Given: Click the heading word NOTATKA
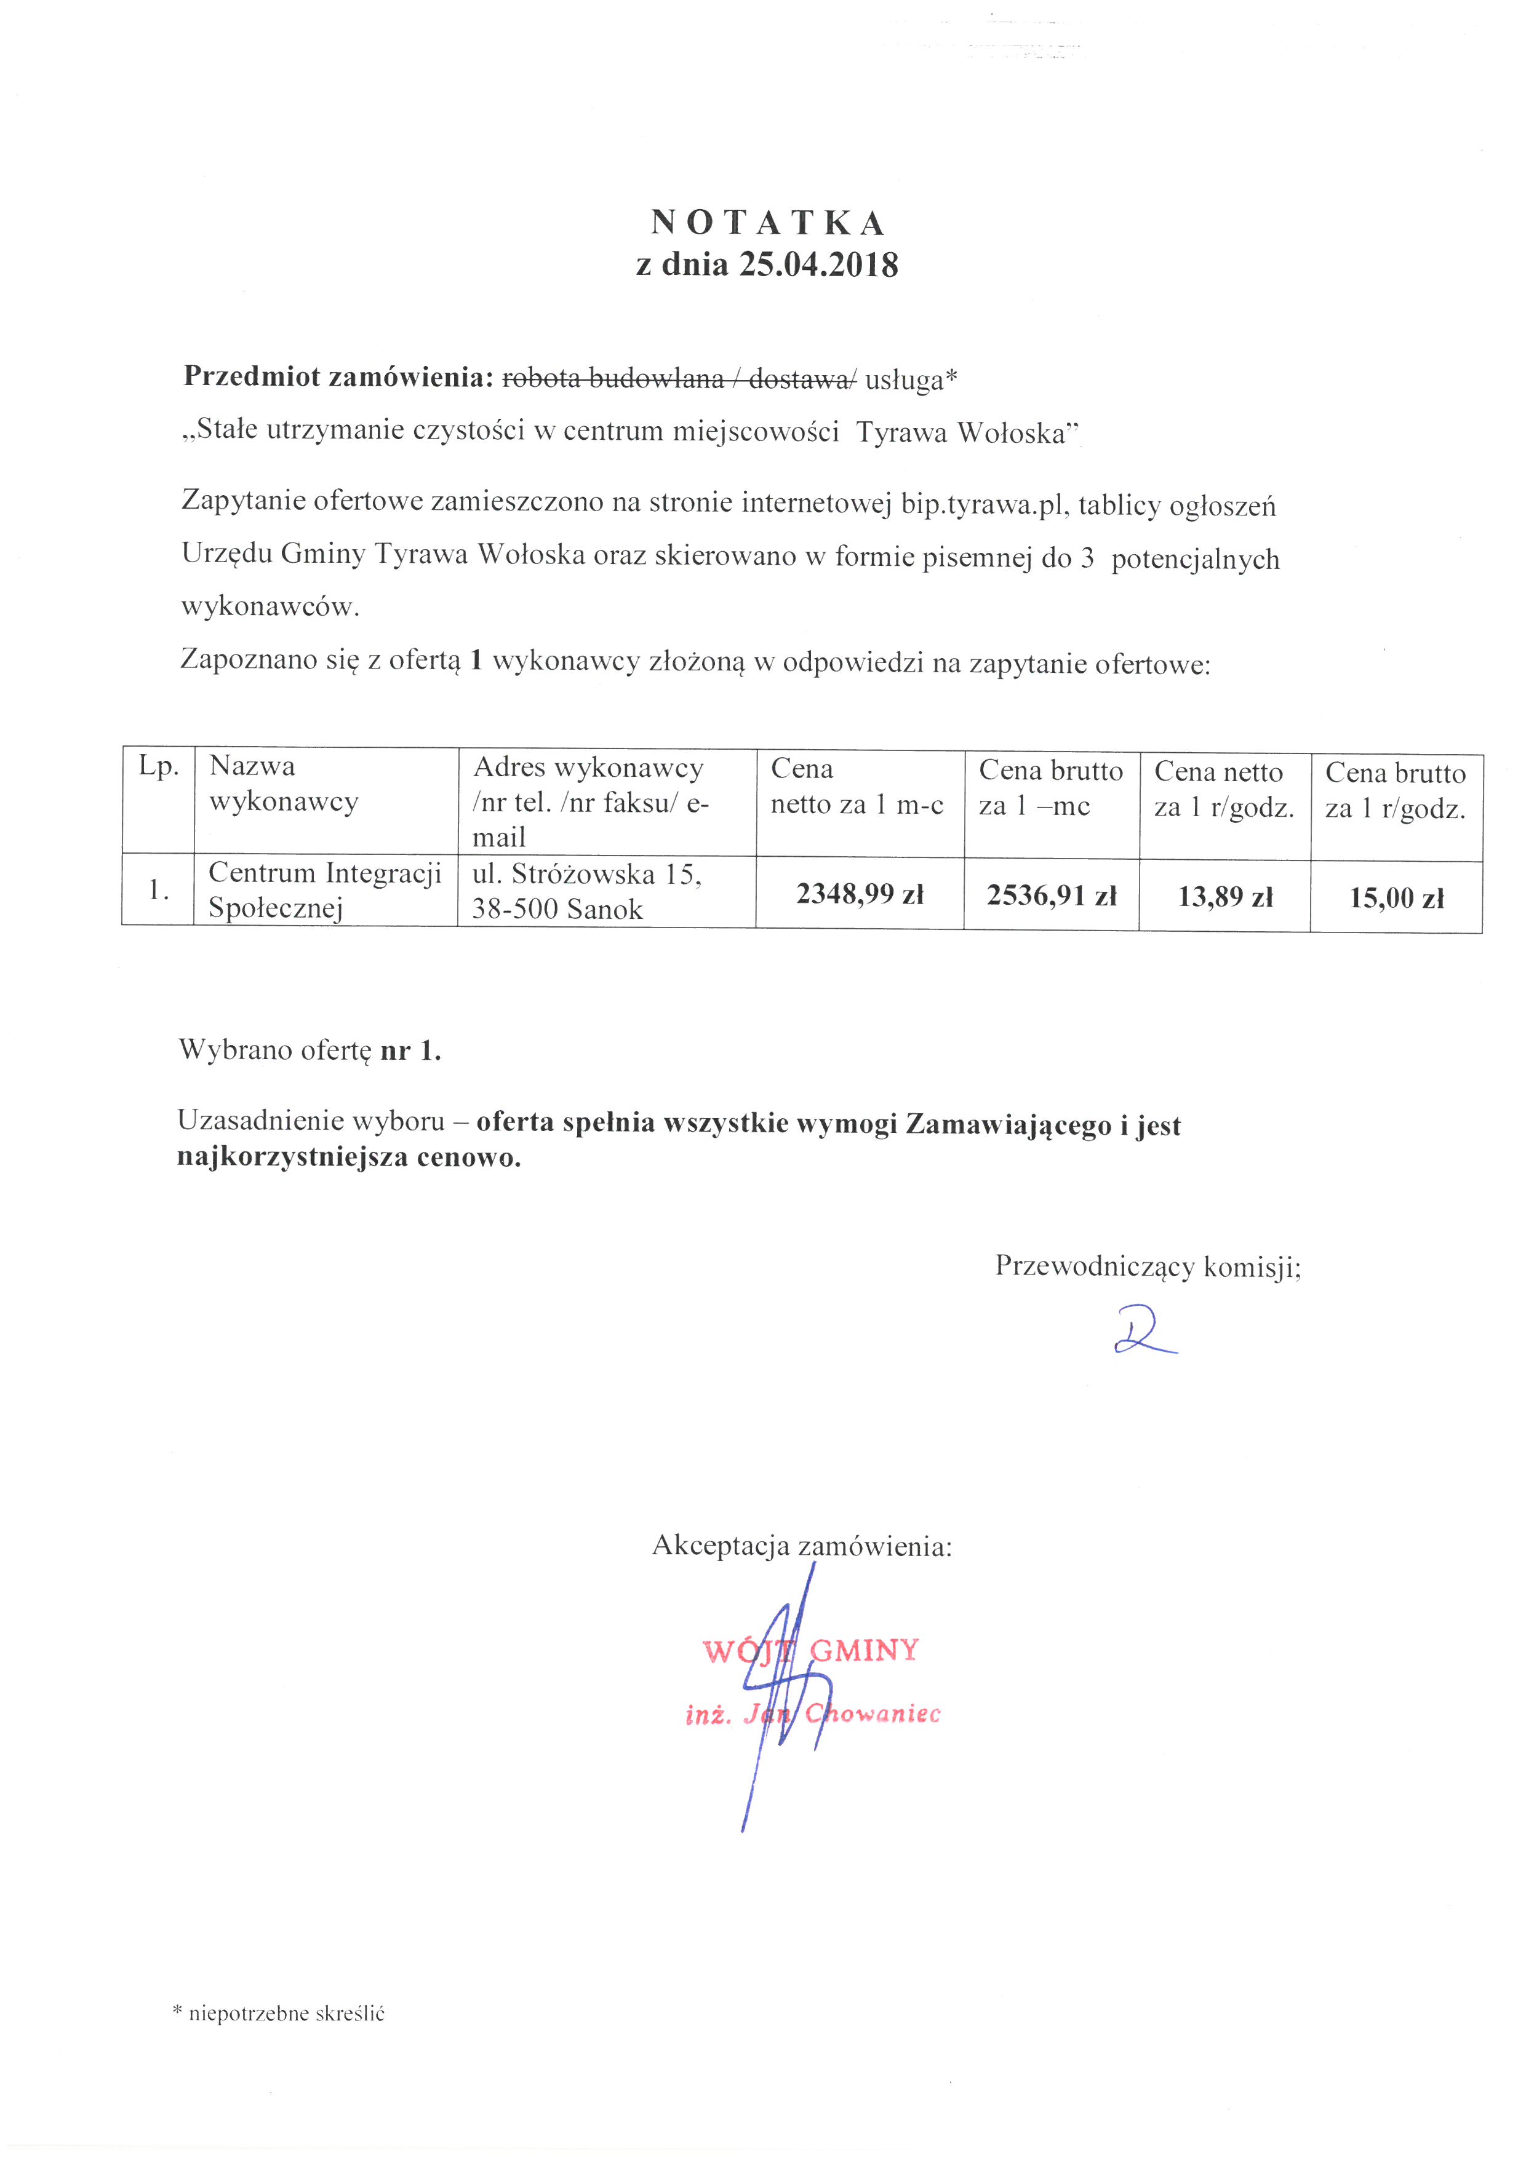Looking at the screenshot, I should pos(768,224).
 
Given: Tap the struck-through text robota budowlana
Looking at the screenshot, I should pos(613,379).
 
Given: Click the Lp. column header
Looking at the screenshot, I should pos(158,766).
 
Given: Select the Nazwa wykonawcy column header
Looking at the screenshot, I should pos(283,784).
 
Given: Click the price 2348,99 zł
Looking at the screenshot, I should pos(860,894).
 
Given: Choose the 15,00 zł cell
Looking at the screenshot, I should pos(1396,898).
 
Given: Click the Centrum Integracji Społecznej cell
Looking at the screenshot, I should pos(324,889).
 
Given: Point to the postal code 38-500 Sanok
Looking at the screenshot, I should pos(557,910).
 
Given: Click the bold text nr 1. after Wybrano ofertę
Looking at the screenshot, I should pos(410,1051).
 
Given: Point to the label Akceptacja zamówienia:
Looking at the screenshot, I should pos(802,1546).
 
